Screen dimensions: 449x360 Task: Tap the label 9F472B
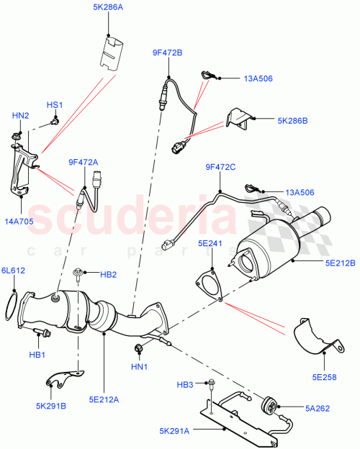pyautogui.click(x=167, y=53)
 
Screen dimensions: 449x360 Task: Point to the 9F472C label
pyautogui.click(x=220, y=168)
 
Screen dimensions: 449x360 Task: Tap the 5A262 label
pyautogui.click(x=315, y=408)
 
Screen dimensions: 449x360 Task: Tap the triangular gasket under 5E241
pyautogui.click(x=210, y=283)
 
